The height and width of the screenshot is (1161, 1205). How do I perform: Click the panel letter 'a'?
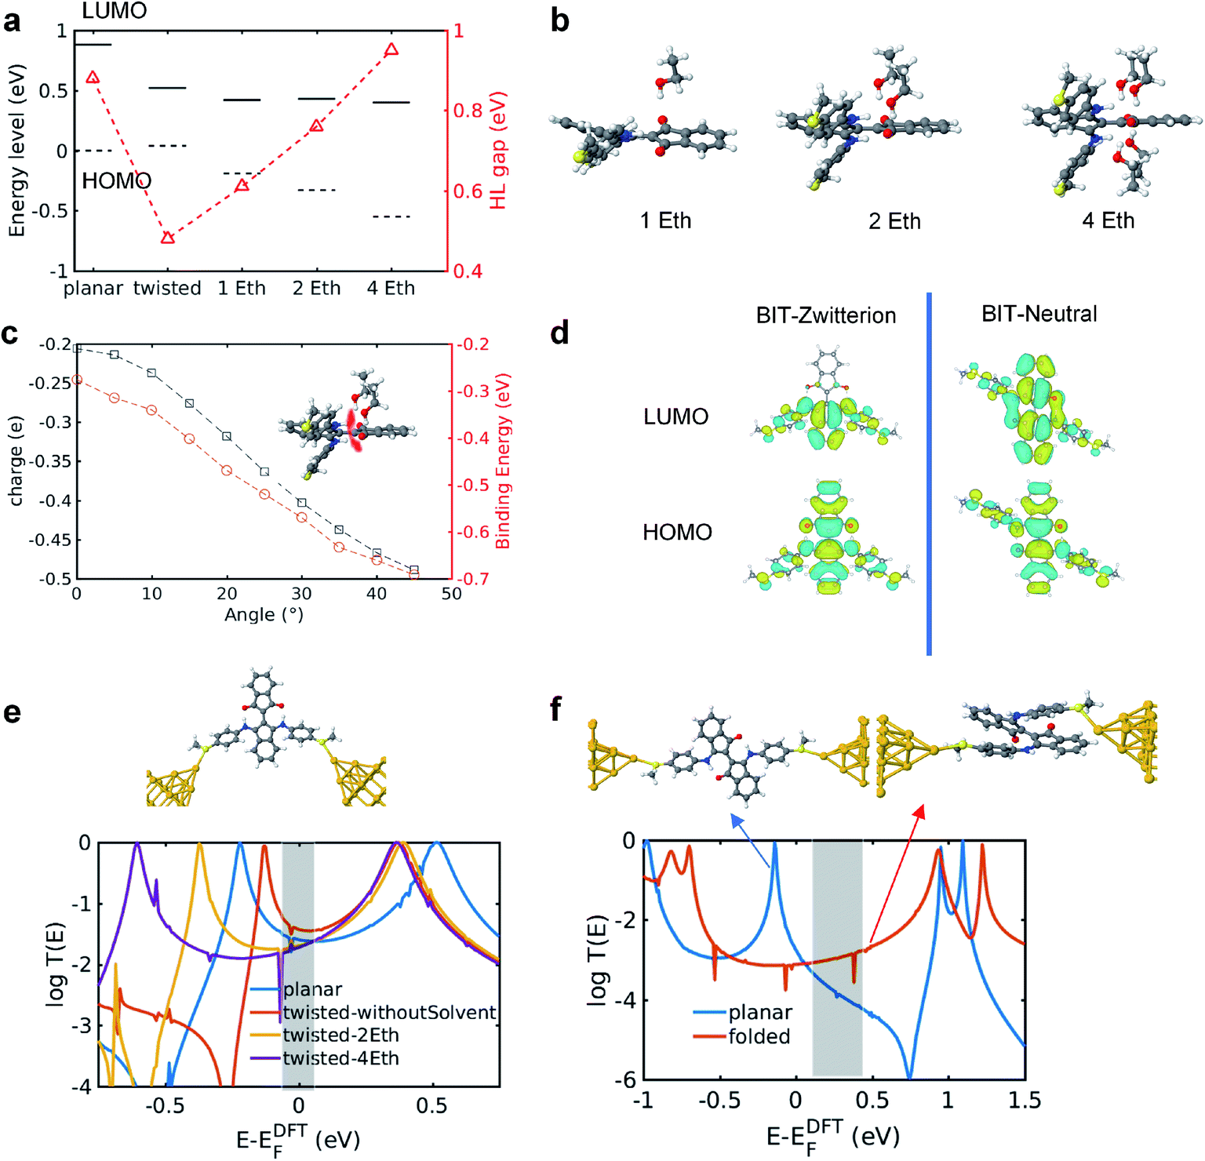pos(12,21)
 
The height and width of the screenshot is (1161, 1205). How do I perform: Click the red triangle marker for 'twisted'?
pos(167,237)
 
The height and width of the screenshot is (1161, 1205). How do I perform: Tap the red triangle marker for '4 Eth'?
pos(391,49)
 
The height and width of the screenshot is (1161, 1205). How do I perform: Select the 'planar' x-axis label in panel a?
pos(93,289)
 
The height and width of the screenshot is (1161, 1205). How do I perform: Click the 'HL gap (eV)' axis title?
pos(498,151)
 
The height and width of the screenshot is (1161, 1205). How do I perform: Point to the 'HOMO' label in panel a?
pos(116,181)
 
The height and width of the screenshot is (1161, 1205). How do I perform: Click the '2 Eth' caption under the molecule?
pos(894,221)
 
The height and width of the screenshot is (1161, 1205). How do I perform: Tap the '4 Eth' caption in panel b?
pos(1108,221)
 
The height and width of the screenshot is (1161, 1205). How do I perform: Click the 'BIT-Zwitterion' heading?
pos(825,315)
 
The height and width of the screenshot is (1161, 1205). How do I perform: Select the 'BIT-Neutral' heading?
pos(1039,314)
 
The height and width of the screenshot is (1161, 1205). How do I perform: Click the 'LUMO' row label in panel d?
pos(675,417)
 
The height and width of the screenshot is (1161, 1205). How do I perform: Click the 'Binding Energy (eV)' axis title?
pos(503,461)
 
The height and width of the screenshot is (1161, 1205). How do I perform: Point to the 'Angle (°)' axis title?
pos(264,615)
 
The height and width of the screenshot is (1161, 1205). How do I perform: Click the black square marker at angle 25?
pos(264,471)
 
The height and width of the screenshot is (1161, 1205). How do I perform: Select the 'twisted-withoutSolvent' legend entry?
pos(389,1013)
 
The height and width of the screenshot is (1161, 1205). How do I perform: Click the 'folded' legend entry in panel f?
pos(759,1036)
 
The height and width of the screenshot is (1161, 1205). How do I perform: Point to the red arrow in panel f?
pos(897,874)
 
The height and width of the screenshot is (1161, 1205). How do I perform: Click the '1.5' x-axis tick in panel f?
pos(1025,1100)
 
